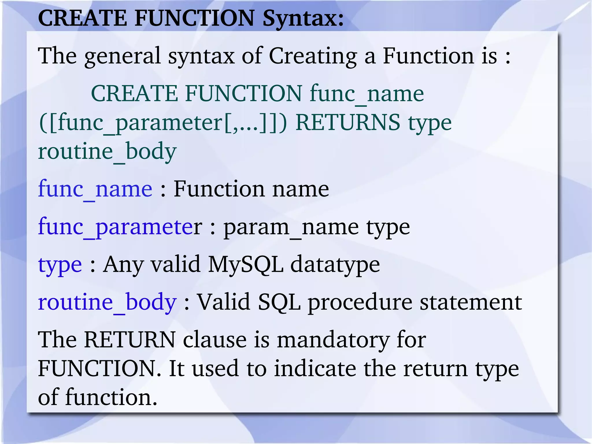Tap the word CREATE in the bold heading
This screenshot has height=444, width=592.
(82, 18)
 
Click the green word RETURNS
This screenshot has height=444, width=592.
(348, 123)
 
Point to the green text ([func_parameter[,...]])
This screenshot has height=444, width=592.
(163, 123)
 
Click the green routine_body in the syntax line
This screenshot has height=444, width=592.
(107, 152)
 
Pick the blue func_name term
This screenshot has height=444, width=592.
(95, 189)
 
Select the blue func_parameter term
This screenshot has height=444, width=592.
(120, 227)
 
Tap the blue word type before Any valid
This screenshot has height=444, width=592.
(60, 264)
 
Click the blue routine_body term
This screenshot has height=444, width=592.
(107, 302)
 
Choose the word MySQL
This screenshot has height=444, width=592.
(245, 264)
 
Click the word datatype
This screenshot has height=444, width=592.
(335, 264)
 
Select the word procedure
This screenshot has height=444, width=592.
(360, 302)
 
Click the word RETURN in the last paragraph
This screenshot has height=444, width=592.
(130, 340)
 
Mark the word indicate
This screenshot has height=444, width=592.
(315, 369)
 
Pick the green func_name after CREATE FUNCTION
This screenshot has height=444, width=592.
(367, 93)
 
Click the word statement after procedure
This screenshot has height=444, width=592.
(471, 302)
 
